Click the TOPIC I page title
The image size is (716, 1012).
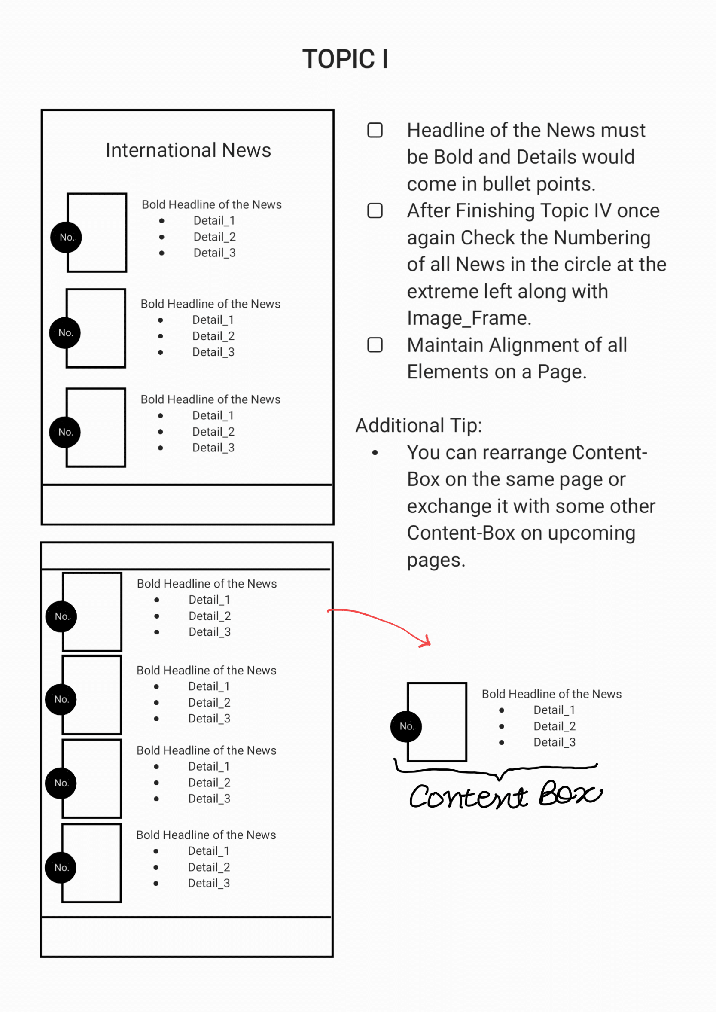click(x=345, y=59)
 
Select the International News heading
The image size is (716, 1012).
click(x=188, y=150)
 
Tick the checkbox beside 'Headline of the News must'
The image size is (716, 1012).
click(x=375, y=130)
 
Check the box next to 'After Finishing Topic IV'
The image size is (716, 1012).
click(x=375, y=211)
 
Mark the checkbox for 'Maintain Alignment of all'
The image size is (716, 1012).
click(x=375, y=345)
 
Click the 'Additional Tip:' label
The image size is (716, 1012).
click(x=419, y=426)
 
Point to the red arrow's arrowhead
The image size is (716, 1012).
click(x=426, y=642)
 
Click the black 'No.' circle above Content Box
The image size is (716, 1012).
click(x=406, y=726)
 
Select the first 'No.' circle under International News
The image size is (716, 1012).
click(x=66, y=237)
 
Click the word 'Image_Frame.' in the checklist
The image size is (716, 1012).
click(x=469, y=318)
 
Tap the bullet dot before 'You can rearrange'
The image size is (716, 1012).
click(x=375, y=453)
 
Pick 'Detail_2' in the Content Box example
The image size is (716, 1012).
click(x=555, y=726)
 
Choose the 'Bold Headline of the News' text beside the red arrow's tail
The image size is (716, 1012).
click(x=207, y=584)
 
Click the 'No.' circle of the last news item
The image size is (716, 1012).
click(x=61, y=867)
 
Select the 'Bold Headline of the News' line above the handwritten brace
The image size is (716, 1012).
click(x=551, y=694)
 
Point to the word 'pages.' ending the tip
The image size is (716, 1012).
click(x=436, y=561)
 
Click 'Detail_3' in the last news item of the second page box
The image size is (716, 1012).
click(x=209, y=883)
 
